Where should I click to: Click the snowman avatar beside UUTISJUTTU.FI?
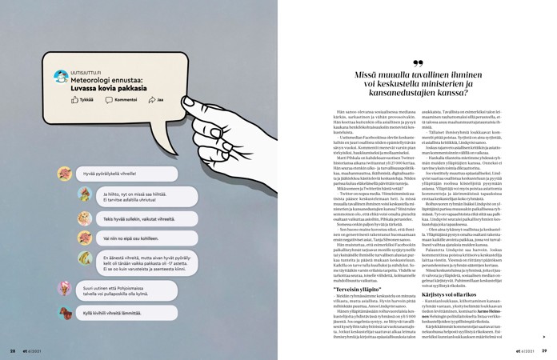tap(60, 77)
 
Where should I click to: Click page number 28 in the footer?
tap(13, 350)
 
